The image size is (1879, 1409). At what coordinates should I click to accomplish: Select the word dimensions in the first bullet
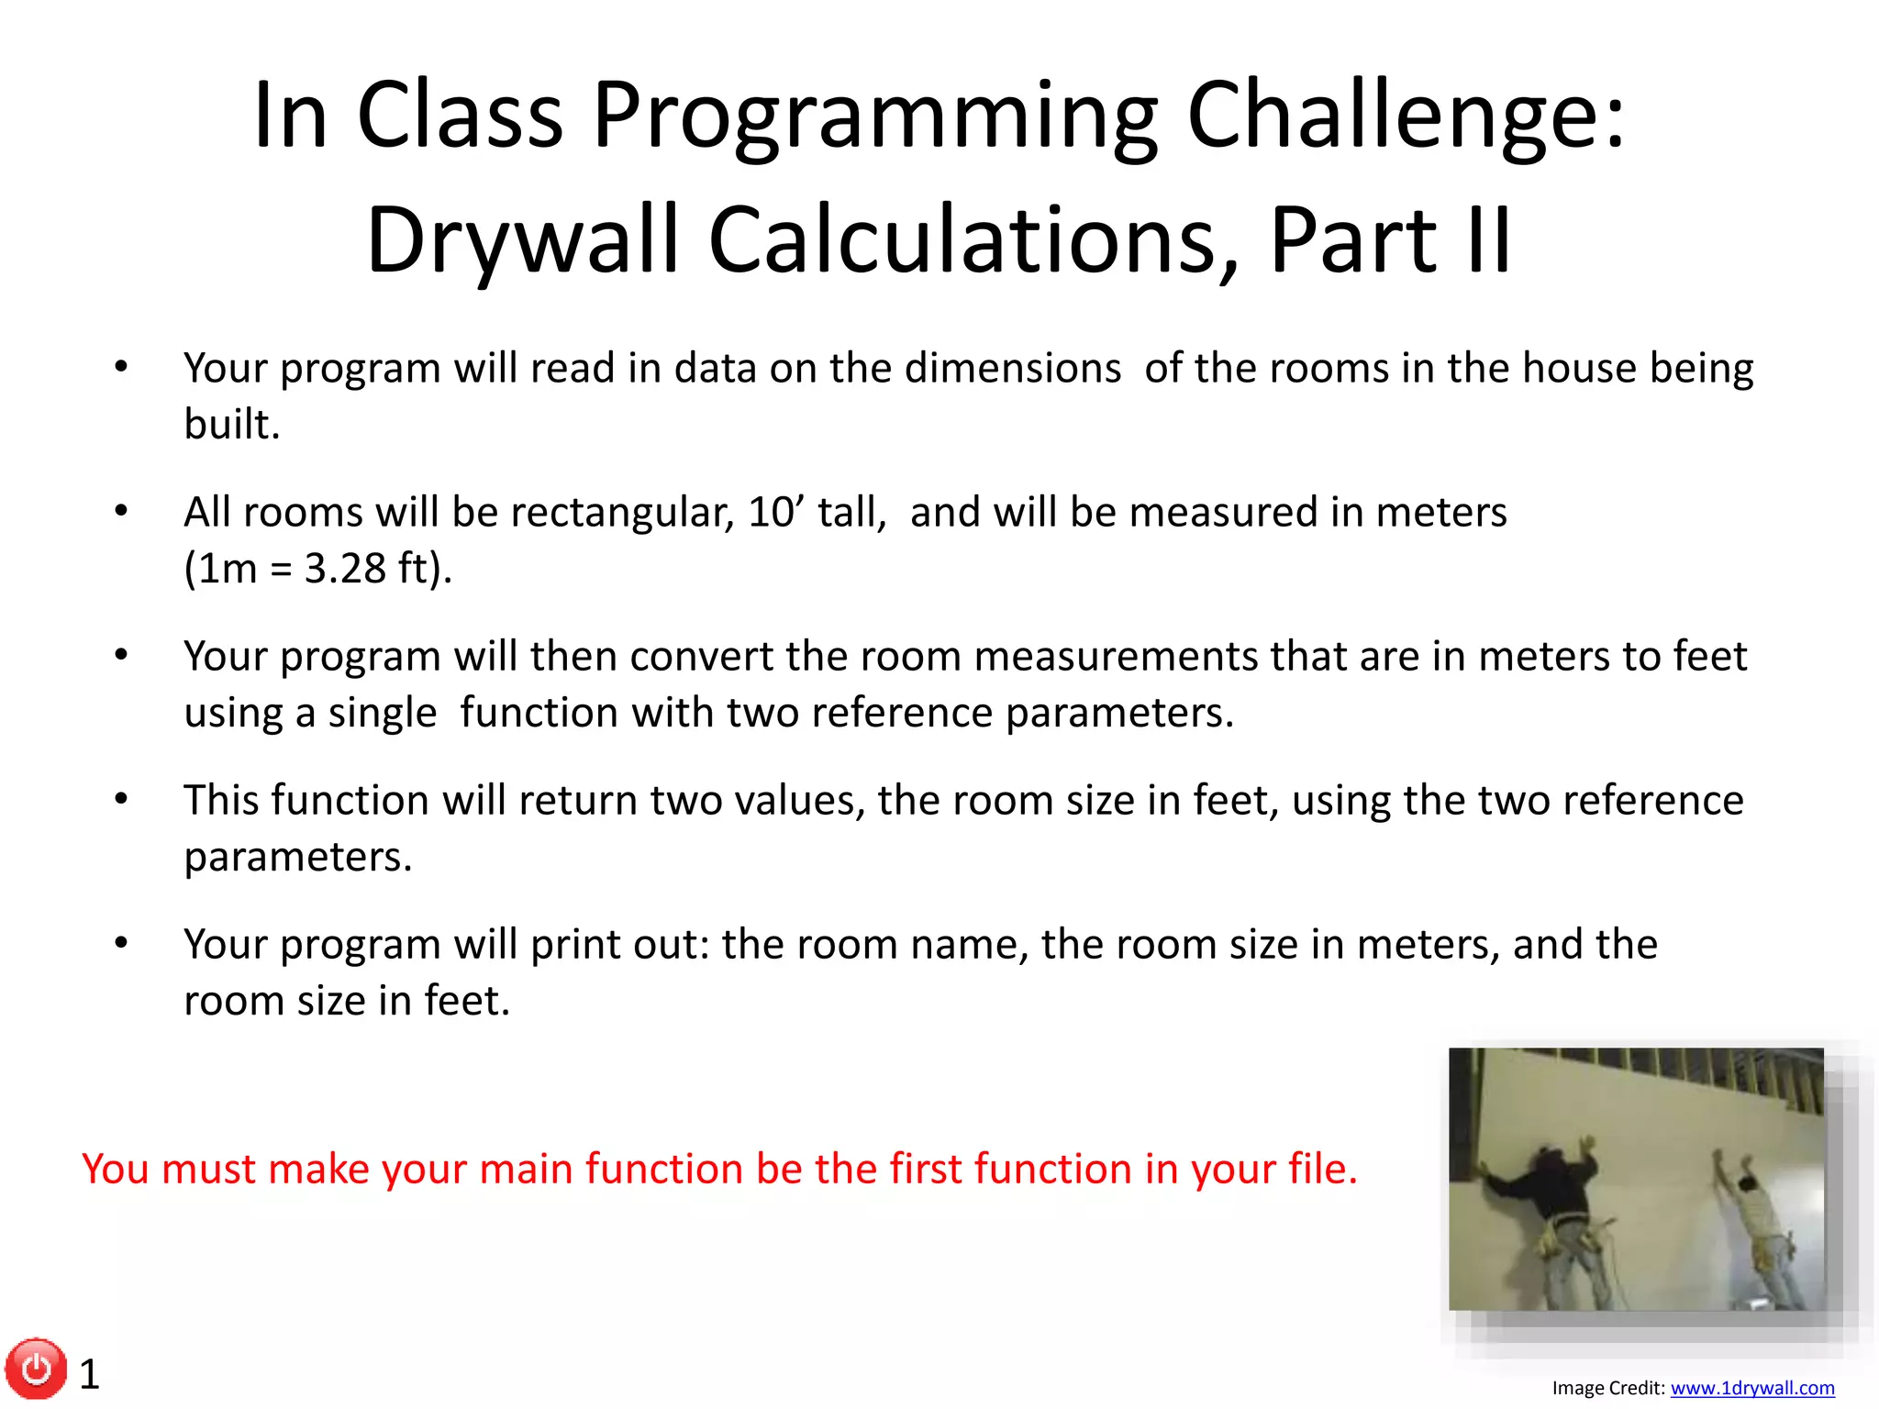(1012, 369)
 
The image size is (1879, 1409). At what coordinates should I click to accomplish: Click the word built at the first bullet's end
(230, 425)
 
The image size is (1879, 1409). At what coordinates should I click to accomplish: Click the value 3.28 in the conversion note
(345, 569)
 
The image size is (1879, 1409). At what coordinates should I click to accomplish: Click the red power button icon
(36, 1369)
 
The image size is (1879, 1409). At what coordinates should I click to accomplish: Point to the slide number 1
(89, 1374)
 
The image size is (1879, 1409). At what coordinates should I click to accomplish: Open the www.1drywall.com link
(1751, 1388)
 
